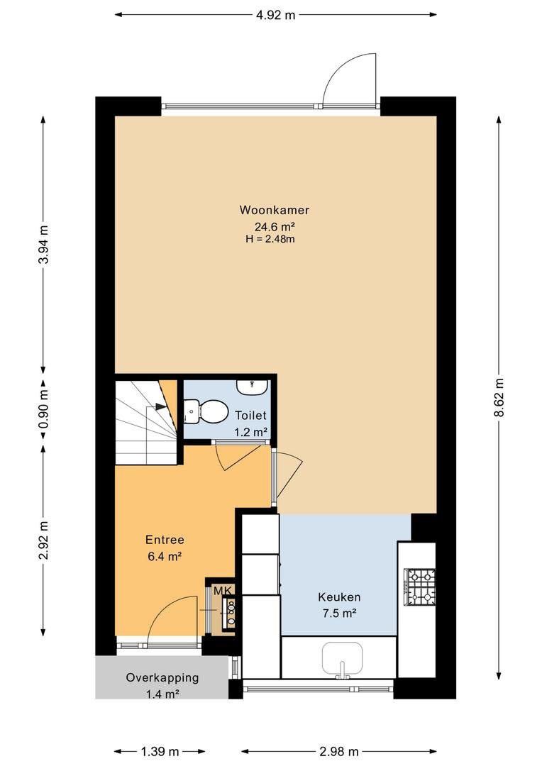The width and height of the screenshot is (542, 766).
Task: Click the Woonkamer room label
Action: pyautogui.click(x=274, y=210)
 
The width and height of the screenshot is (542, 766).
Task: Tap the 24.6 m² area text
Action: pyautogui.click(x=274, y=227)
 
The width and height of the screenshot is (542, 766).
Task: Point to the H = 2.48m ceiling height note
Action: pyautogui.click(x=270, y=239)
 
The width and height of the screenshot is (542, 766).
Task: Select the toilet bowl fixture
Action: pyautogui.click(x=206, y=411)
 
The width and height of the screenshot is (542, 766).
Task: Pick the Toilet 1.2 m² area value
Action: pyautogui.click(x=250, y=432)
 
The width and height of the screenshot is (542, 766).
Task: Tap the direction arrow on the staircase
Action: pyautogui.click(x=160, y=406)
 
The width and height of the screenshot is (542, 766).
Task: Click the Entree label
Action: pyautogui.click(x=165, y=540)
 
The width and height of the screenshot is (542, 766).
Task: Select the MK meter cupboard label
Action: pyautogui.click(x=223, y=591)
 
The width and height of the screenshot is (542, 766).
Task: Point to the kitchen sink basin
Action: pyautogui.click(x=342, y=660)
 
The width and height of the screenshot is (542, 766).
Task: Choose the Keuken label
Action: pyautogui.click(x=339, y=597)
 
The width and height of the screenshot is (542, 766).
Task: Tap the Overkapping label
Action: pyautogui.click(x=162, y=677)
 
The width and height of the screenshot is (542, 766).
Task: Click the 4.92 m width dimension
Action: pyautogui.click(x=276, y=15)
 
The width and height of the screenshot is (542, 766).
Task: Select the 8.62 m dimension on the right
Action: pyautogui.click(x=499, y=397)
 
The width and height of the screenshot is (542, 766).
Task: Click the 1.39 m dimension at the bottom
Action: pyautogui.click(x=160, y=751)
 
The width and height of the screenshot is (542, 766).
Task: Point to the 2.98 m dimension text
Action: pyautogui.click(x=339, y=751)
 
